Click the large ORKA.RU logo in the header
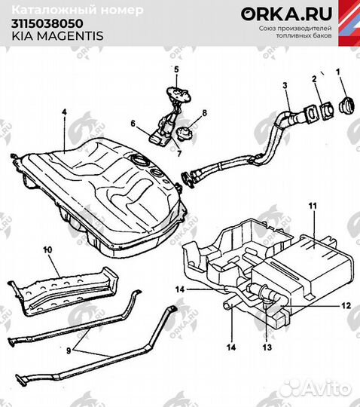[274, 14]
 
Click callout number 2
[314, 79]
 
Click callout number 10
[47, 248]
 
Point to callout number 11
[313, 205]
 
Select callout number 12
[346, 306]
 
